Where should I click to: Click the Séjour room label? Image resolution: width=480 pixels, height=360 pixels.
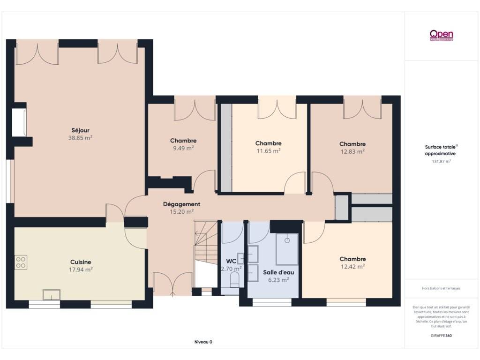(x=80, y=130)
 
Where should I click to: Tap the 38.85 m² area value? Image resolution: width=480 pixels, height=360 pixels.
(x=80, y=138)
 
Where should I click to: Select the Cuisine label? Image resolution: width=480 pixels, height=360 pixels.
(x=81, y=262)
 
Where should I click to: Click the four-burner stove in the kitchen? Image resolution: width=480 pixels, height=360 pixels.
(x=21, y=262)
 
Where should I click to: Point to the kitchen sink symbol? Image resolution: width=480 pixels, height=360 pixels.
(x=52, y=294)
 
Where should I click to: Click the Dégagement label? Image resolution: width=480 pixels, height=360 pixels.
(x=181, y=204)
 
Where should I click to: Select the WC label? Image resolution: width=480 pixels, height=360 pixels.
(x=231, y=261)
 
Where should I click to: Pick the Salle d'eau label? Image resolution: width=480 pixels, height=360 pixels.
(x=278, y=272)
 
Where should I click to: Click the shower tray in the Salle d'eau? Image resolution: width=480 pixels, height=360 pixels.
(x=287, y=249)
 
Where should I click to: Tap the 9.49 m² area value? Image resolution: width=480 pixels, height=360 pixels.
(x=183, y=148)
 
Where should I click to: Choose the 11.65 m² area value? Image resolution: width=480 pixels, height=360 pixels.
(x=269, y=150)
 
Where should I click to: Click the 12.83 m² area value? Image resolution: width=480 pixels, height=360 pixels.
(x=352, y=151)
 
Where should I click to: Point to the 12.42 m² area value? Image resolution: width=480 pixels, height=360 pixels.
(x=352, y=267)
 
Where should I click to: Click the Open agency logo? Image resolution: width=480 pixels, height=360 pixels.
(x=441, y=35)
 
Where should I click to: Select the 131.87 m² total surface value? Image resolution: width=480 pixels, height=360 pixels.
(x=441, y=161)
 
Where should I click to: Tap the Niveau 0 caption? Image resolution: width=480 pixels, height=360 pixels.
(x=203, y=342)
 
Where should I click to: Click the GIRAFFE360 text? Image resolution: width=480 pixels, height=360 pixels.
(x=441, y=336)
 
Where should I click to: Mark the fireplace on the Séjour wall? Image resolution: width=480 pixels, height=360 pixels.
(x=19, y=122)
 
